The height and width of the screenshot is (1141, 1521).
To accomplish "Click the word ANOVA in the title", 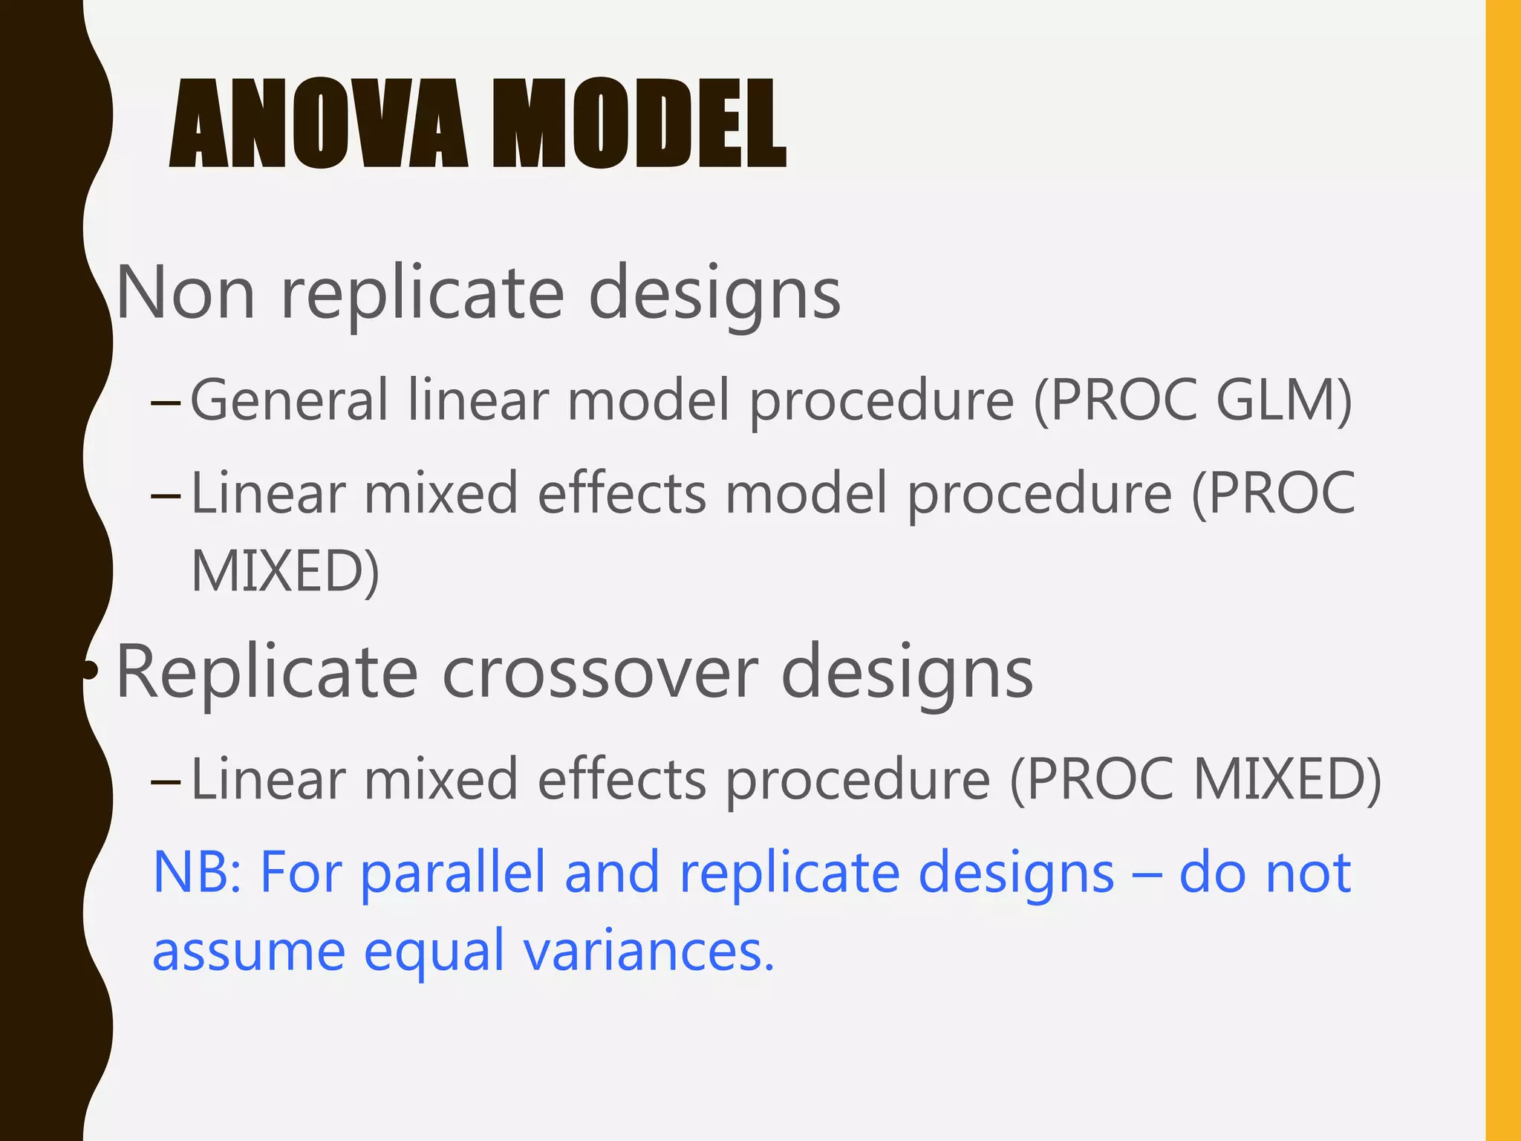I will (x=319, y=124).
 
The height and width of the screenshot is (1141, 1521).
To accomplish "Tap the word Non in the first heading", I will (x=186, y=294).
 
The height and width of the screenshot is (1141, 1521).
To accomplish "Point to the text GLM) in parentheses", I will (x=1284, y=400).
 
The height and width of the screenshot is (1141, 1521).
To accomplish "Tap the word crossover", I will (x=600, y=673).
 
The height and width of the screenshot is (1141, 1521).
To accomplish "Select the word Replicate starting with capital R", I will (x=267, y=673).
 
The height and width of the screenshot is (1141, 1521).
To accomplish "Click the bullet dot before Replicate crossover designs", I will (x=91, y=671).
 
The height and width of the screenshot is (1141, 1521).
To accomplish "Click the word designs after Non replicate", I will (x=714, y=294).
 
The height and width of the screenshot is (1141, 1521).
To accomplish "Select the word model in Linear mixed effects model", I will (x=806, y=494).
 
